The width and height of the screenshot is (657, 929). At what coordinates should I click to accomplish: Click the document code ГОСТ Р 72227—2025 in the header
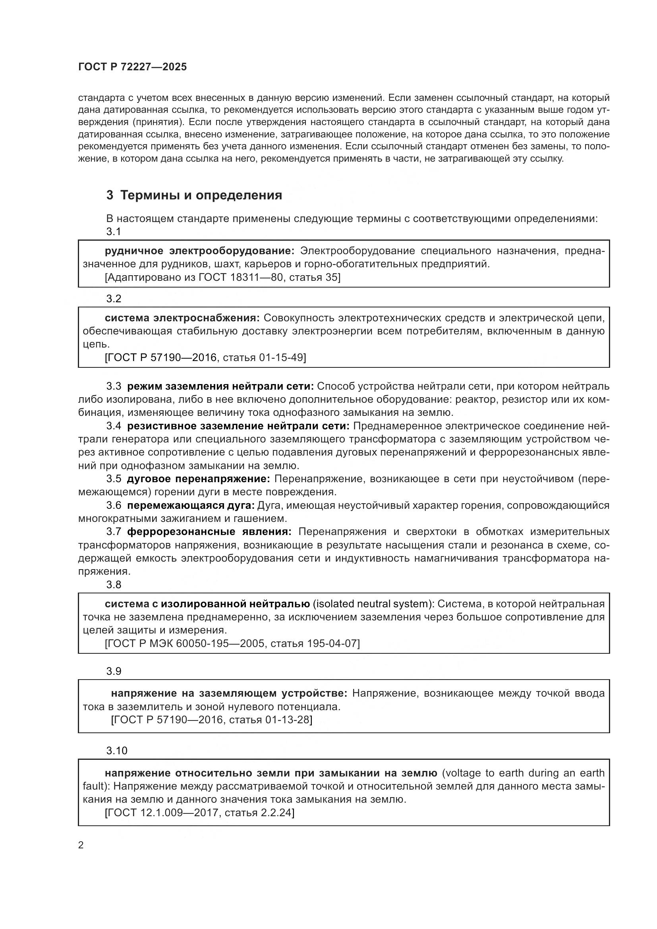click(132, 67)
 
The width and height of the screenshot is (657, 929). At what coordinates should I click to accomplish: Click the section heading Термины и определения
click(201, 195)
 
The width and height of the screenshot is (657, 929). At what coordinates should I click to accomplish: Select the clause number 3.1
click(114, 232)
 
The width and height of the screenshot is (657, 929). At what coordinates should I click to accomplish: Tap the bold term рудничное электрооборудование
click(199, 251)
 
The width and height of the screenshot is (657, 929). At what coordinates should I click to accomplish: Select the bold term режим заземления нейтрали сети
click(220, 386)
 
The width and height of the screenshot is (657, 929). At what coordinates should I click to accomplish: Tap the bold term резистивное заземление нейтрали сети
click(238, 426)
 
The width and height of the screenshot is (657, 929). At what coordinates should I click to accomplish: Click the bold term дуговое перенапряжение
click(198, 479)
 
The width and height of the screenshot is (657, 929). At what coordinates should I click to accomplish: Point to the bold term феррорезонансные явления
click(209, 532)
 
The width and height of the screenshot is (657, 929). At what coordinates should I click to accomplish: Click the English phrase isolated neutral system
click(372, 604)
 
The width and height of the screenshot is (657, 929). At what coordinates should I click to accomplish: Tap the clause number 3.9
click(114, 671)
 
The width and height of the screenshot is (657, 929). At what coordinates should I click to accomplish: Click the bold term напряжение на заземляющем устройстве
click(229, 693)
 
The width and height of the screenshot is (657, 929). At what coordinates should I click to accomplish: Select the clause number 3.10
click(116, 751)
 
